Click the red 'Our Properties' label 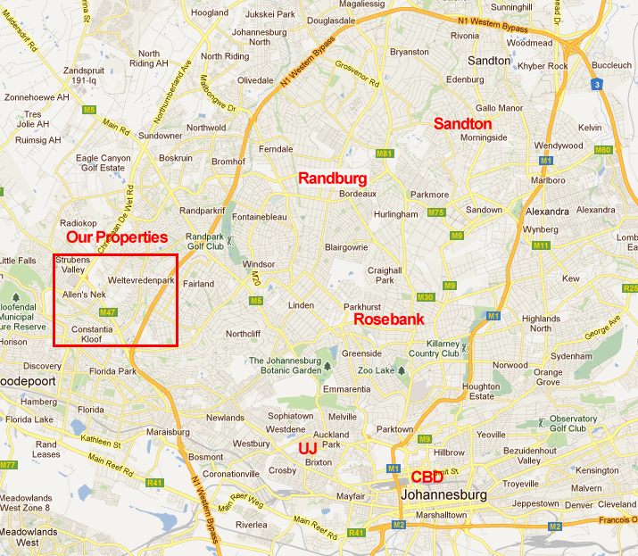118,237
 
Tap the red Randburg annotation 333,178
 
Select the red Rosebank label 389,319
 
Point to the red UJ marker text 307,446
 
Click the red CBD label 427,477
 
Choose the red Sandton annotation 462,124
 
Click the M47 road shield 109,311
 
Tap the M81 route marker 385,154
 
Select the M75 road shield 435,212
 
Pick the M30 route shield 425,297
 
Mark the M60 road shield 603,150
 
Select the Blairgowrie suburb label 347,248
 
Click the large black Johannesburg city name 444,494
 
